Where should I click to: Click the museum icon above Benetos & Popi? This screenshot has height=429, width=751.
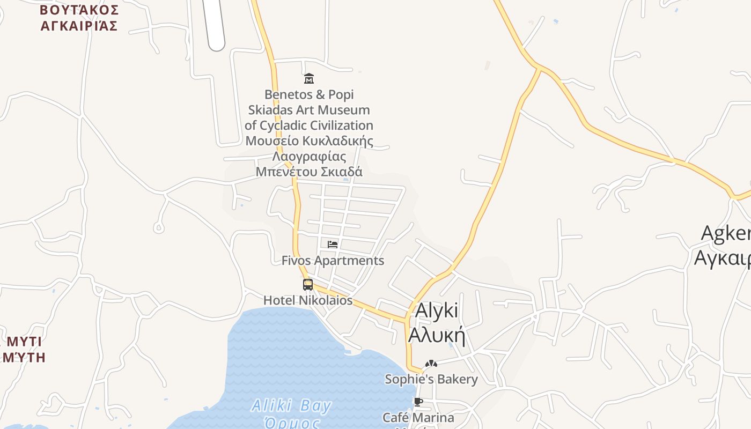pyautogui.click(x=308, y=79)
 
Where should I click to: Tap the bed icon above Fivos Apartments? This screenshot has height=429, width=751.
pyautogui.click(x=333, y=245)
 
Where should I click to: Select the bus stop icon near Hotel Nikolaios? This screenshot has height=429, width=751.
pyautogui.click(x=308, y=285)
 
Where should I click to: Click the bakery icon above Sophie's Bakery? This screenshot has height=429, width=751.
pyautogui.click(x=431, y=364)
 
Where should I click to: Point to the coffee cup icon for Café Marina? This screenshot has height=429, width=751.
pyautogui.click(x=418, y=402)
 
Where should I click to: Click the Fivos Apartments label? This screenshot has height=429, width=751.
pyautogui.click(x=333, y=261)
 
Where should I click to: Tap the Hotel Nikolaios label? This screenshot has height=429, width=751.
pyautogui.click(x=308, y=300)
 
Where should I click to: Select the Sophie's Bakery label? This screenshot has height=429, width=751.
pyautogui.click(x=431, y=380)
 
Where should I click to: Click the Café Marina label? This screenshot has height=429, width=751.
pyautogui.click(x=418, y=417)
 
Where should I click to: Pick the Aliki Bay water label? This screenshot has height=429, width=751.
pyautogui.click(x=291, y=406)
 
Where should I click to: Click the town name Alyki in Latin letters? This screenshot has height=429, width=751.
pyautogui.click(x=437, y=311)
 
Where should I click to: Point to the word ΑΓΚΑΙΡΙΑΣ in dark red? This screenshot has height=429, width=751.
pyautogui.click(x=79, y=26)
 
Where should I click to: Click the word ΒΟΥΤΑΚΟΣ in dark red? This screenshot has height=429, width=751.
pyautogui.click(x=79, y=10)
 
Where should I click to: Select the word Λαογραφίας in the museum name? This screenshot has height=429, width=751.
pyautogui.click(x=309, y=157)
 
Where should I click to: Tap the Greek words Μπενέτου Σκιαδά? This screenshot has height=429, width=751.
pyautogui.click(x=309, y=172)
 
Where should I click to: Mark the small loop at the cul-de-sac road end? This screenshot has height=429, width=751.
pyautogui.click(x=158, y=228)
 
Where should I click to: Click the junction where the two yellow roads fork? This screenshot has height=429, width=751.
pyautogui.click(x=538, y=68)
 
